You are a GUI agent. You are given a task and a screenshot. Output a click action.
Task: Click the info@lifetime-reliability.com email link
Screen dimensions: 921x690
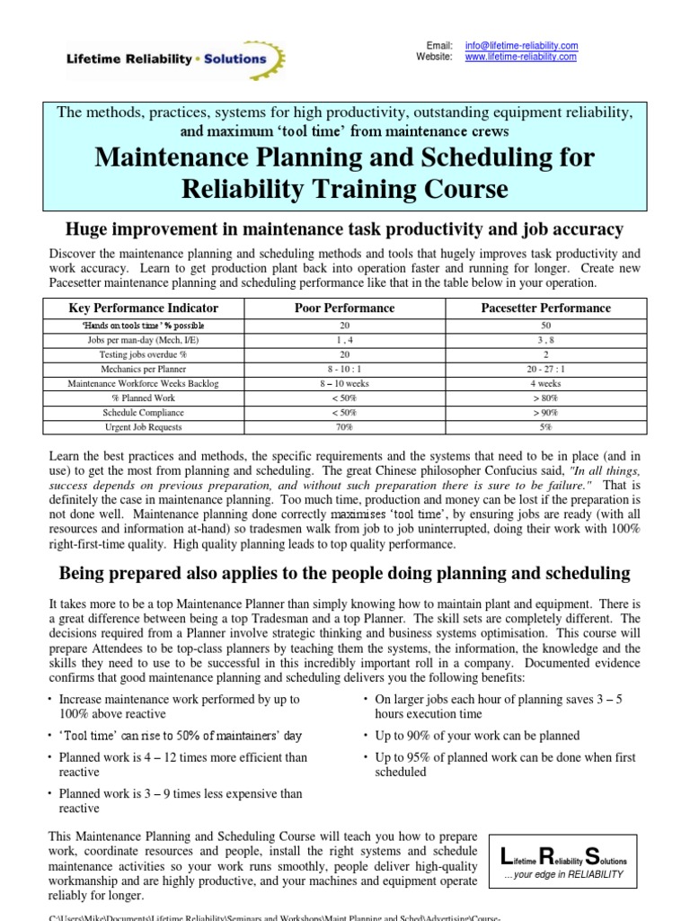pos(521,45)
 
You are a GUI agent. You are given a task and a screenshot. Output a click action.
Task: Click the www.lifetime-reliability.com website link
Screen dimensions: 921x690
pos(521,57)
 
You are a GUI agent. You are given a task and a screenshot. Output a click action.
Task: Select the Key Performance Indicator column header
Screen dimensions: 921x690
pos(144,308)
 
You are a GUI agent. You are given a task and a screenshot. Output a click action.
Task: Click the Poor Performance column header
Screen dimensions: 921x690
pos(345,308)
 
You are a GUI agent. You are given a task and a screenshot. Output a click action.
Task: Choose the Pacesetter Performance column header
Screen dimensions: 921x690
pos(545,308)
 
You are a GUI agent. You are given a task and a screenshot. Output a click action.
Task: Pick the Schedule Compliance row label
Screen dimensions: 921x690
pos(144,413)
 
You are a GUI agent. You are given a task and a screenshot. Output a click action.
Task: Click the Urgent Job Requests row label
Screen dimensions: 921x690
pos(144,427)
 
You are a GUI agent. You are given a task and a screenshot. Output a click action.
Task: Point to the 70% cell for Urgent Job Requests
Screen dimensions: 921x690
pos(345,427)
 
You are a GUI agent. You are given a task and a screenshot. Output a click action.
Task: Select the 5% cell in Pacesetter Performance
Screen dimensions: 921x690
pos(545,427)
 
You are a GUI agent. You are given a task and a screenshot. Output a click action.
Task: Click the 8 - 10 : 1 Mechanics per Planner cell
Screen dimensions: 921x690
pos(345,369)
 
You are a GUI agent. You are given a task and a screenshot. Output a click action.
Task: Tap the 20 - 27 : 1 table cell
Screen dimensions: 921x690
pos(545,369)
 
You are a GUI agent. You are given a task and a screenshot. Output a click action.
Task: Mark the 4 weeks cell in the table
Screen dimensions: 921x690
pos(545,383)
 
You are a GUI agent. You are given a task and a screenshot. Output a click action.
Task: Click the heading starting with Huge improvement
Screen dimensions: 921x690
pos(345,230)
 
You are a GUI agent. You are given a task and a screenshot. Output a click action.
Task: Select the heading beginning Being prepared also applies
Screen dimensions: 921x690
pos(345,573)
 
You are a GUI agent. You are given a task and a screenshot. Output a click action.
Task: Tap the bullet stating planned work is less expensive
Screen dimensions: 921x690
pos(180,801)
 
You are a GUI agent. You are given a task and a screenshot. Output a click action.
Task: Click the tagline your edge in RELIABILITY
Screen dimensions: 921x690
pos(564,873)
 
